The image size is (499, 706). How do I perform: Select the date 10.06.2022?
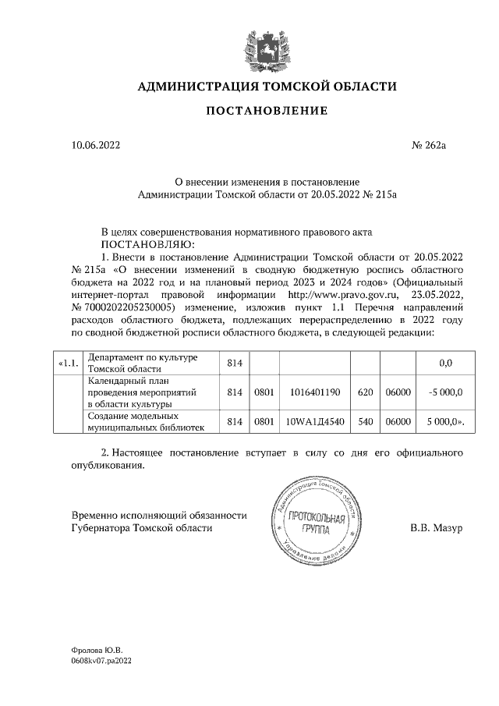tap(96, 145)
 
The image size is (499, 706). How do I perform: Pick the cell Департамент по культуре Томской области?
tap(150, 364)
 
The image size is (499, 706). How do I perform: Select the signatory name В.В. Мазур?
tap(436, 527)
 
